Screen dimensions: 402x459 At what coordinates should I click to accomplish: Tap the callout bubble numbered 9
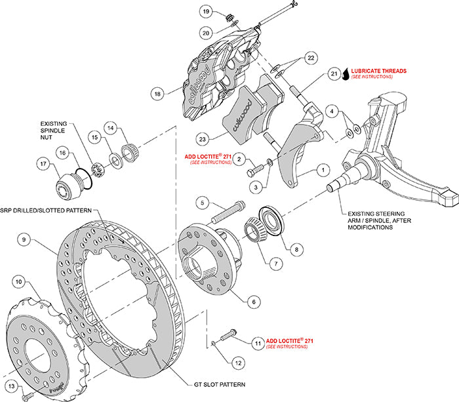[24, 240]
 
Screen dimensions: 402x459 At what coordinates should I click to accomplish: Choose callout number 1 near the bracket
[322, 169]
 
